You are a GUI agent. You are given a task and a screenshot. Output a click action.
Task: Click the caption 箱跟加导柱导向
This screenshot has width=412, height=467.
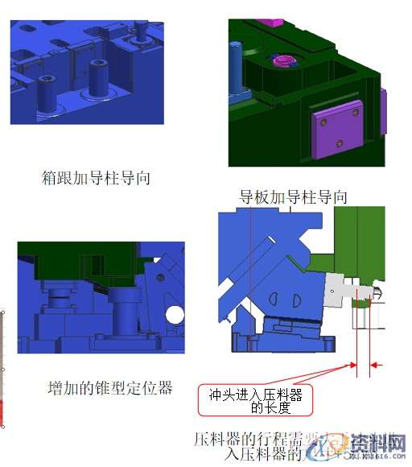[96, 178]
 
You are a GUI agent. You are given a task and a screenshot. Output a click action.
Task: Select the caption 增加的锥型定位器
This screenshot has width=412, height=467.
[109, 387]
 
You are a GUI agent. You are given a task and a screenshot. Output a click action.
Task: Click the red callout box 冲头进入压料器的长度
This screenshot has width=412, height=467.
[256, 401]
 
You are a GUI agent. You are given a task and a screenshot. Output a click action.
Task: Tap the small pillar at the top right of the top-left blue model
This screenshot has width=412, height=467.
[142, 31]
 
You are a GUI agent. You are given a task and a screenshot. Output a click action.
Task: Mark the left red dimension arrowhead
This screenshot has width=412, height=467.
[353, 366]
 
